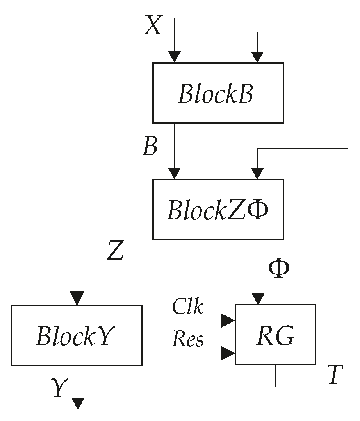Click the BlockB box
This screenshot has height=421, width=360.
[218, 93]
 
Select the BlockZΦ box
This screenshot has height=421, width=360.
[218, 210]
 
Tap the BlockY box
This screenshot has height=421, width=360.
[77, 335]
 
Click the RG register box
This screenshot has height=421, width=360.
[275, 335]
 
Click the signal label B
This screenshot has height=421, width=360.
[150, 147]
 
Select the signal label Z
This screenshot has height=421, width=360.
[115, 253]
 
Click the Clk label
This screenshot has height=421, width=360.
[188, 308]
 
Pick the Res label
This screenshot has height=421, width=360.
[188, 340]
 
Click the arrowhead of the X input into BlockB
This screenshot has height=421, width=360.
[175, 57]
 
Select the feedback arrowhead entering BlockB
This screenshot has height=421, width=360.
[257, 57]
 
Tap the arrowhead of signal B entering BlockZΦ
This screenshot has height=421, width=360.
[175, 173]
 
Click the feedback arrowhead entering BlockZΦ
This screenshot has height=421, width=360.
[257, 173]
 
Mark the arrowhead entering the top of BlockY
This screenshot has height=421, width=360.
[77, 298]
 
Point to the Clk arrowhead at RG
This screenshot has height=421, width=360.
[228, 321]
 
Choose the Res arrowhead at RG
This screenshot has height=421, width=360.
[228, 353]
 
